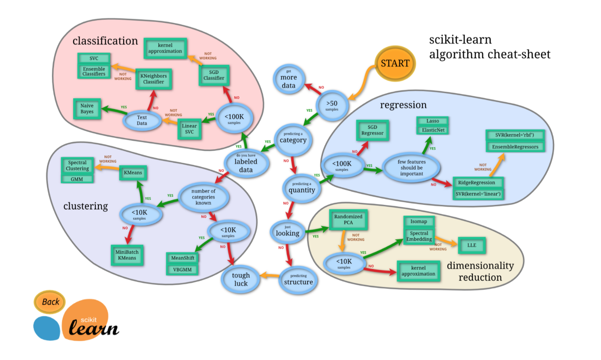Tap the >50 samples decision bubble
coord(332,104)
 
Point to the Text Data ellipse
coord(142,120)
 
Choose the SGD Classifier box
coord(214,75)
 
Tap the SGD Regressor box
coord(372,130)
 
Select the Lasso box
coord(433,121)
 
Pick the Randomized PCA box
coord(348,220)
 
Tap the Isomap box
coord(419,222)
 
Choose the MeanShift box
coord(183,258)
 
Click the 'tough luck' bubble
coord(241,280)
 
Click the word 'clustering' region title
coord(85,206)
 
